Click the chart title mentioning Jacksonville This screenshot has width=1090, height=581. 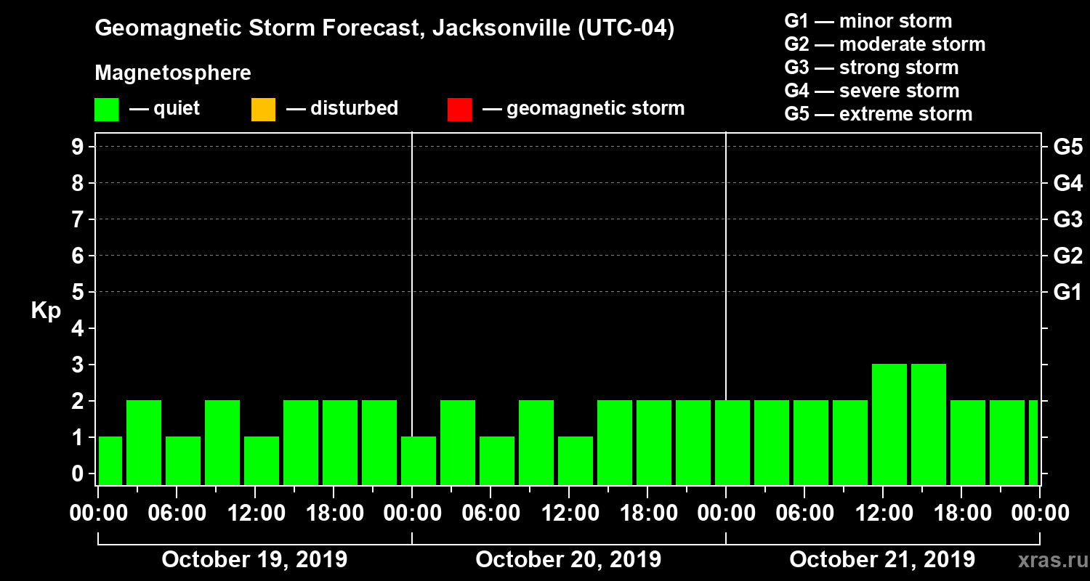click(x=384, y=29)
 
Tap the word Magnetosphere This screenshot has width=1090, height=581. click(x=173, y=73)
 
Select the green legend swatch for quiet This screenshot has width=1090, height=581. click(x=106, y=110)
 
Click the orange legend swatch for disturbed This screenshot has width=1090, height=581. click(x=263, y=110)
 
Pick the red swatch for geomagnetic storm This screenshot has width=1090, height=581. click(x=459, y=110)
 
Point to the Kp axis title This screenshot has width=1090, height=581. click(x=46, y=311)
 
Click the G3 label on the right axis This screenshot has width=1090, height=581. click(x=1067, y=219)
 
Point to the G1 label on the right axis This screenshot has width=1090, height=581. click(x=1067, y=293)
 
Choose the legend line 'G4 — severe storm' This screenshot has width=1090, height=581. click(x=872, y=91)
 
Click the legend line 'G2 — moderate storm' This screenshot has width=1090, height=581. click(x=885, y=44)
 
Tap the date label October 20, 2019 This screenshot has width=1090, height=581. click(x=568, y=560)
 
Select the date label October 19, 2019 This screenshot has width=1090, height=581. click(x=254, y=560)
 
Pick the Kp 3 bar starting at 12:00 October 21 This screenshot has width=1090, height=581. click(x=889, y=424)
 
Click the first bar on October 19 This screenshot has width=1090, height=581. click(x=110, y=460)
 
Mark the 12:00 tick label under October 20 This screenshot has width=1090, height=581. click(x=569, y=513)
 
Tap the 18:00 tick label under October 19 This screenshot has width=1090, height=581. click(x=334, y=513)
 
